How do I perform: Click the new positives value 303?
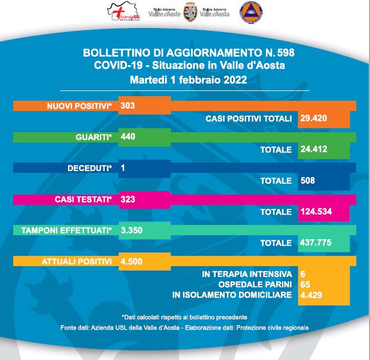click(128, 106)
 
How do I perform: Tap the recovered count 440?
click(128, 137)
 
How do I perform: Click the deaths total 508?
click(308, 180)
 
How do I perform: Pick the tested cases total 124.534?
click(316, 211)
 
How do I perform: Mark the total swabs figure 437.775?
click(316, 243)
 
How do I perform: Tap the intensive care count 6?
click(303, 274)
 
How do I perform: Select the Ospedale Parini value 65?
click(305, 284)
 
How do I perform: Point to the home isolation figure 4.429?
click(312, 295)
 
